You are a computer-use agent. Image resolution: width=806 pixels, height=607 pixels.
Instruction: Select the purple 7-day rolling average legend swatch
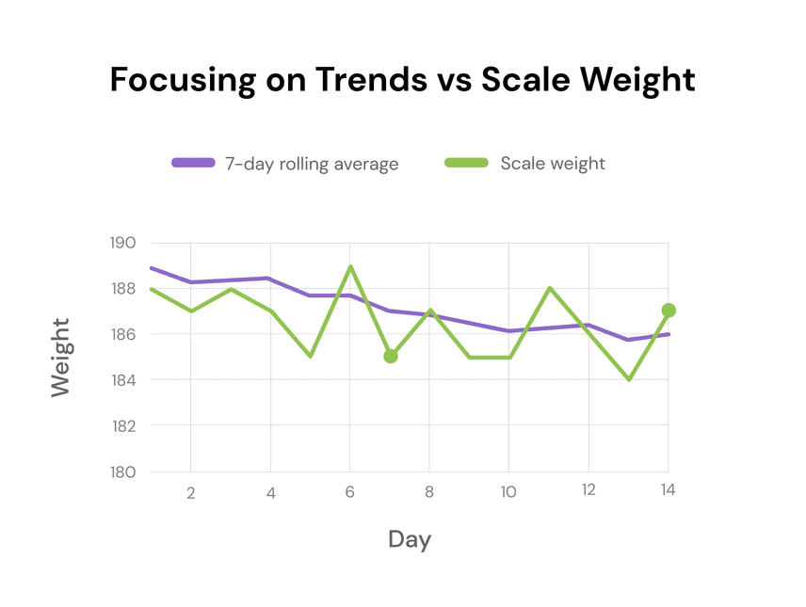(x=194, y=163)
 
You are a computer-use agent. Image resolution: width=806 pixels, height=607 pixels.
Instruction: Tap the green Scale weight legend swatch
(x=466, y=163)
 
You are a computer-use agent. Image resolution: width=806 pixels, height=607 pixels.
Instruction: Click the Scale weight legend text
(x=553, y=163)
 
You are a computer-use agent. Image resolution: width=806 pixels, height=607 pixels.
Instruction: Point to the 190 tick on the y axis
(x=123, y=243)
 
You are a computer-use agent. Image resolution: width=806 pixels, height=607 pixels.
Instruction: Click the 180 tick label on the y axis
(x=123, y=471)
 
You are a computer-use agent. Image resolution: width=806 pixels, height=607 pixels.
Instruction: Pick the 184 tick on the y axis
(x=123, y=380)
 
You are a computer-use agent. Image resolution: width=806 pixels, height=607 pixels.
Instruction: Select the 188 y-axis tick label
(x=123, y=289)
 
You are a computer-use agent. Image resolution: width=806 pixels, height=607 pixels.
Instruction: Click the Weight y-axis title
(x=60, y=357)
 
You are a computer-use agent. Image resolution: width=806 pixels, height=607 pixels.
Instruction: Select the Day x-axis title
(x=410, y=539)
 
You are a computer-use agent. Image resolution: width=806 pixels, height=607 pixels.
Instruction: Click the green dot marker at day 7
(x=391, y=356)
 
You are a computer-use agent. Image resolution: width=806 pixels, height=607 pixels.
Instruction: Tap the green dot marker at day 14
(x=669, y=311)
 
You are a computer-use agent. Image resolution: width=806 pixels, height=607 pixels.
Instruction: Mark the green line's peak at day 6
(x=350, y=266)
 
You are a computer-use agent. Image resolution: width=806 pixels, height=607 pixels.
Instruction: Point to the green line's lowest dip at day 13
(x=628, y=379)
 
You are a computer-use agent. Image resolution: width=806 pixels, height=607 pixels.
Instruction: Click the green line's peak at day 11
(x=549, y=288)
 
